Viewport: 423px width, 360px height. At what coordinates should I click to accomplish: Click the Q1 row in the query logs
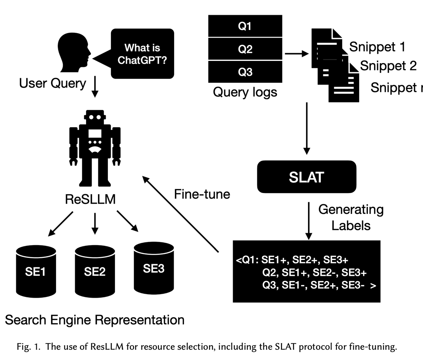245,26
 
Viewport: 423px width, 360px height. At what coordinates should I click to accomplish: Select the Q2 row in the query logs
245,49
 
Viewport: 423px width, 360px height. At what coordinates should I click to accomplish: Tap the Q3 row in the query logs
245,72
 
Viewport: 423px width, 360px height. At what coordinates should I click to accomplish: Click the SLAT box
307,177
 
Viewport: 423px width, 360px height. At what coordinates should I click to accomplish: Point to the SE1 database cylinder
36,272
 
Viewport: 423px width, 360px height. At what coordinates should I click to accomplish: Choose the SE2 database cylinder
95,272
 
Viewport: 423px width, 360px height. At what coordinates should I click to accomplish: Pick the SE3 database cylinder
154,268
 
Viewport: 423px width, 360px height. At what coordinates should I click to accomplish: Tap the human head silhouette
74,52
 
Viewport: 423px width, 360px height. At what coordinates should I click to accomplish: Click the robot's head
95,117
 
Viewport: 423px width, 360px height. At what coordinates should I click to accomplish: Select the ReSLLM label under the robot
90,199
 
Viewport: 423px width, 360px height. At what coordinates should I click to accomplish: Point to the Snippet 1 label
377,47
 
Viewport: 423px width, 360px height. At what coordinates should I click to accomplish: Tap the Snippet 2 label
388,66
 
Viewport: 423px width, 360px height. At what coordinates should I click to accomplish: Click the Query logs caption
245,92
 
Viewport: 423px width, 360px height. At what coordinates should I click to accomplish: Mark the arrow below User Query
95,87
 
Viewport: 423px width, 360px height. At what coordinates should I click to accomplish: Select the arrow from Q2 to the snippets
297,54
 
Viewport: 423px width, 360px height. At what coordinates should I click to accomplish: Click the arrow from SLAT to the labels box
308,221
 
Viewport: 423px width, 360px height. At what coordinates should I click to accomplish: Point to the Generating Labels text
351,217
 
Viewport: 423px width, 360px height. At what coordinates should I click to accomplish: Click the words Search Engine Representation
94,320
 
